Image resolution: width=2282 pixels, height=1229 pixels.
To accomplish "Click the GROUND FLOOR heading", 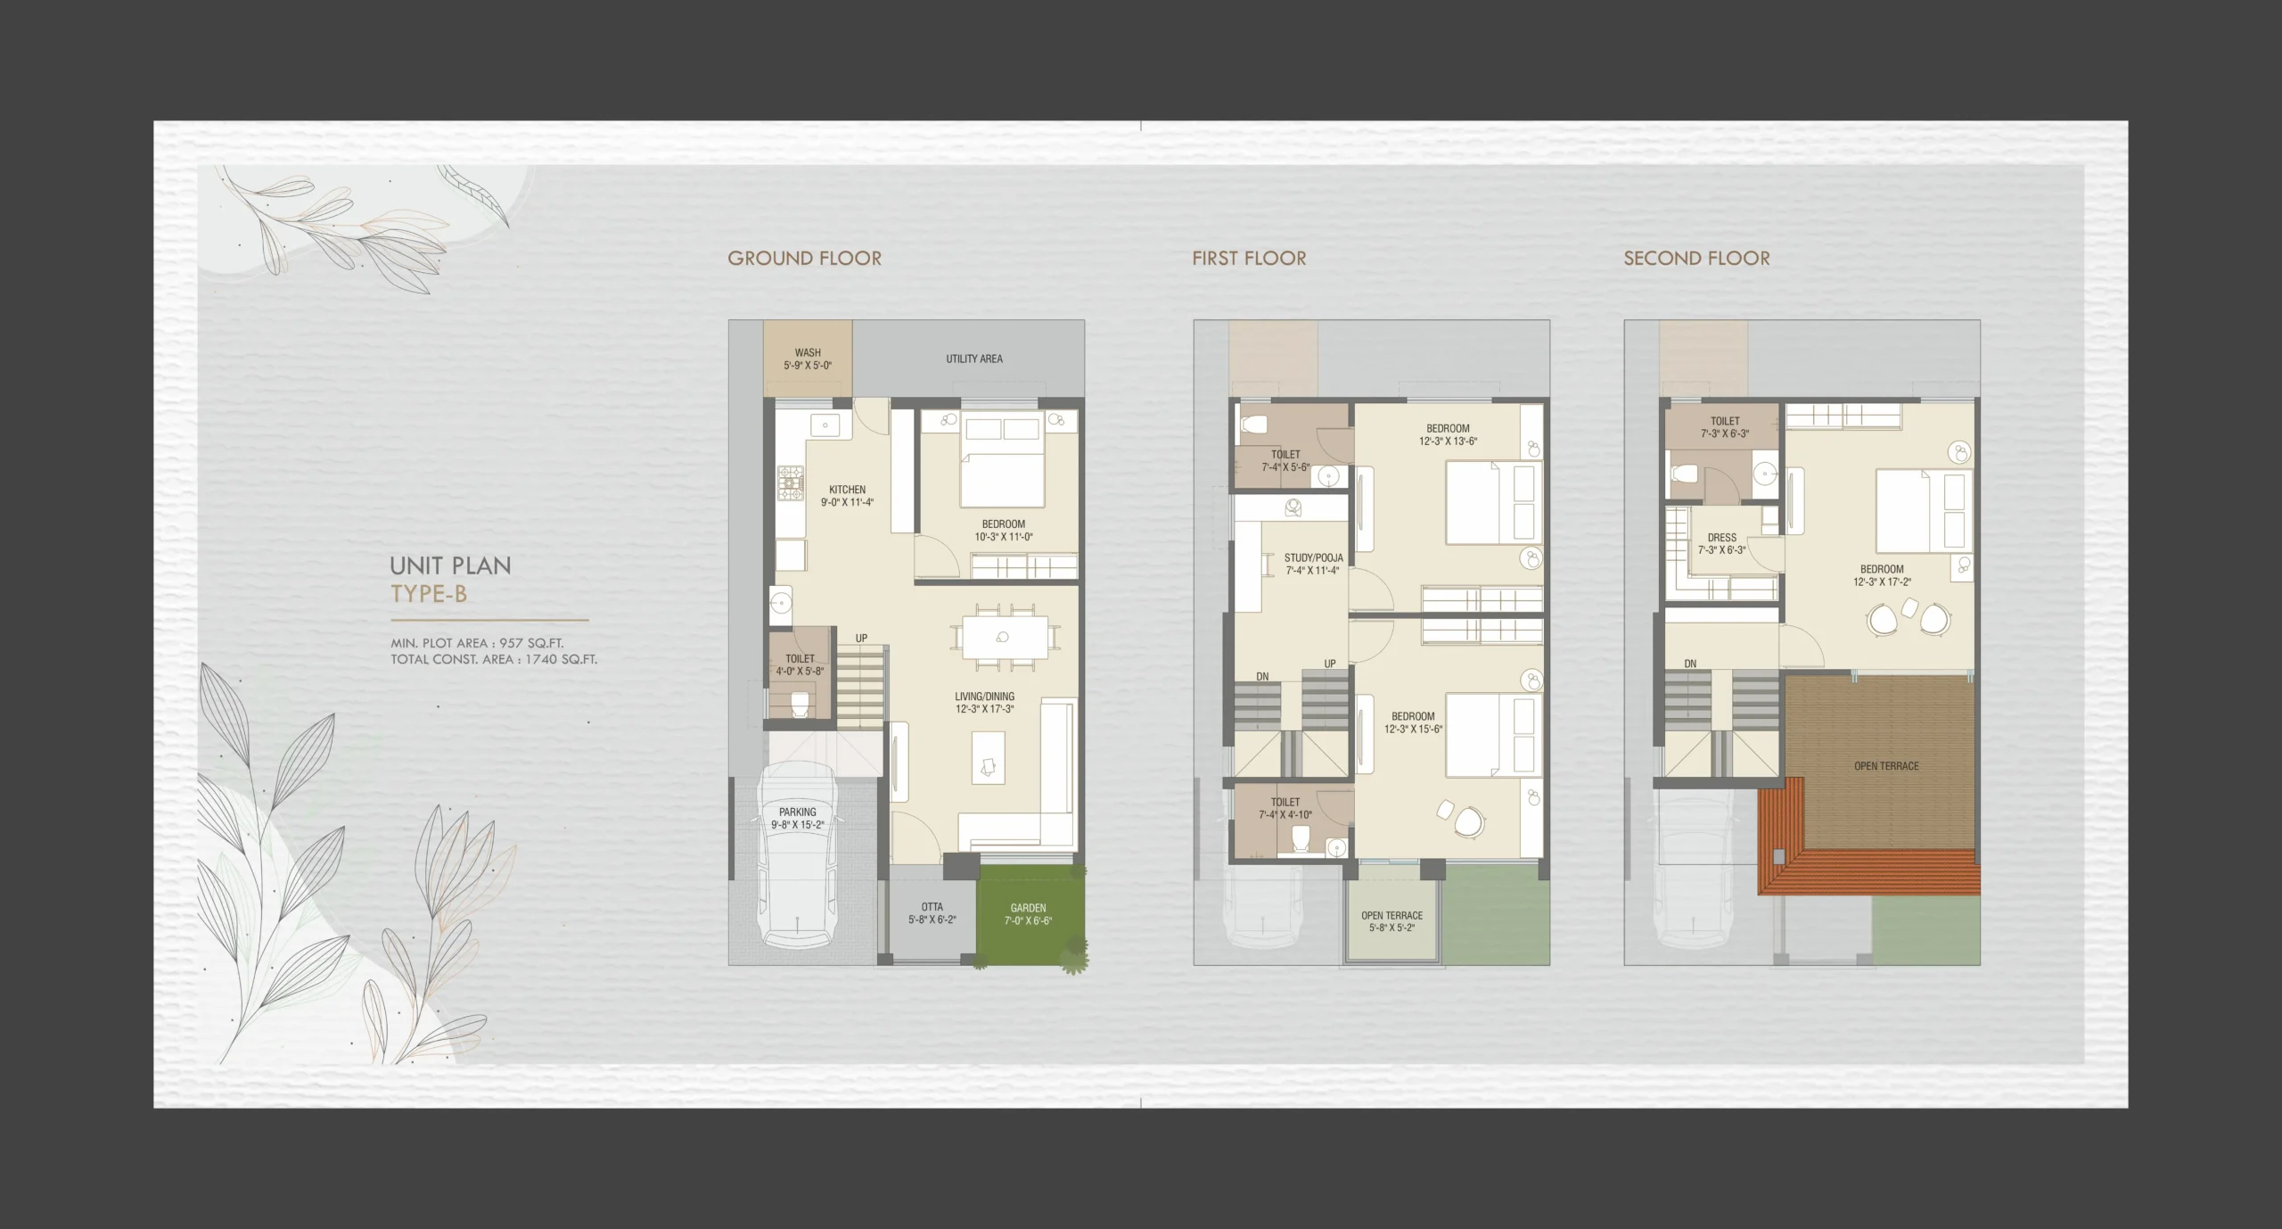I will (x=804, y=259).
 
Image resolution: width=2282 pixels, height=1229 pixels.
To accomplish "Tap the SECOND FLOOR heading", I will (x=1696, y=259).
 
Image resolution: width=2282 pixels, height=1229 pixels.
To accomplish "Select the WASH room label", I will (x=808, y=353).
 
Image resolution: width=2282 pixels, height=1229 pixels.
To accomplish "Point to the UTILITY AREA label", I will (x=974, y=359).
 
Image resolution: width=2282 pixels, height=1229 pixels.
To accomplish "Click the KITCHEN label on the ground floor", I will (x=847, y=490).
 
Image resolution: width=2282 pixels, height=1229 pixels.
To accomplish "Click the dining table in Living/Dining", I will (x=1003, y=638).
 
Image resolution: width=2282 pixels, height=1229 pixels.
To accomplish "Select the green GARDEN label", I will (x=1028, y=908).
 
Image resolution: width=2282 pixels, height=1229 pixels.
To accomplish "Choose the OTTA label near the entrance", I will (x=932, y=907).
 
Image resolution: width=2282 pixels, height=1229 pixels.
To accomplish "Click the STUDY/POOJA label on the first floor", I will (x=1313, y=558).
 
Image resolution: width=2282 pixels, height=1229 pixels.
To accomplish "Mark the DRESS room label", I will (x=1721, y=538).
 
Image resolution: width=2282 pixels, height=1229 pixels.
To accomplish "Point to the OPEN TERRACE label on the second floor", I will (x=1886, y=766).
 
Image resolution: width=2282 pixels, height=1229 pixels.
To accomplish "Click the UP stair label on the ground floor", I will (x=861, y=639).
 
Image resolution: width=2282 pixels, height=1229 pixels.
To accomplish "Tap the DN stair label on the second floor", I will (x=1690, y=664).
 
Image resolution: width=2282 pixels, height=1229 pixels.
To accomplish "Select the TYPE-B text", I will (x=429, y=594).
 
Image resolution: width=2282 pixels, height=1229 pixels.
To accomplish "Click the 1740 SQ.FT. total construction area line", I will (x=494, y=660).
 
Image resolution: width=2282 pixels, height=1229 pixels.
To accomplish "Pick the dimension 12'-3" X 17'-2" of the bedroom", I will (x=1882, y=582).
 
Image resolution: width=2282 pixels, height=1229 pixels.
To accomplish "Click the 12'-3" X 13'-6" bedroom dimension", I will (x=1448, y=441).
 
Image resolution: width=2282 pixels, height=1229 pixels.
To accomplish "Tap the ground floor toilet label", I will (x=800, y=658).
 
